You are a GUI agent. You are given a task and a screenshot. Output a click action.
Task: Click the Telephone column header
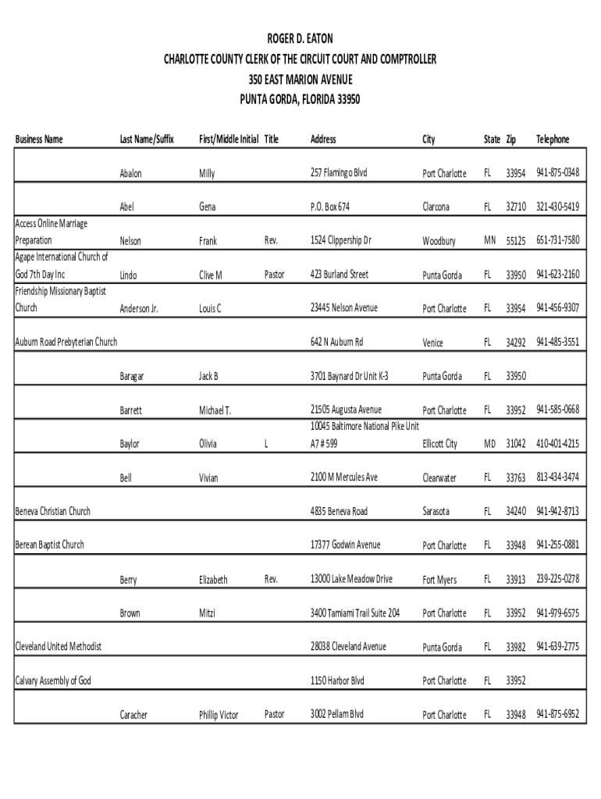[553, 140]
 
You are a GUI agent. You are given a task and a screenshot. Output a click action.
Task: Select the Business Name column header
[39, 140]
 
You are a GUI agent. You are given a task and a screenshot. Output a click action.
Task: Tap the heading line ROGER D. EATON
[300, 38]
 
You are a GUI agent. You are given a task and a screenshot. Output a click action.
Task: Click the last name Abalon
[130, 173]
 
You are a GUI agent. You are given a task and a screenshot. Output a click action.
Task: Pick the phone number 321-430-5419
[557, 207]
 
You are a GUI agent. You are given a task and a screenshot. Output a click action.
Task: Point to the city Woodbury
[439, 241]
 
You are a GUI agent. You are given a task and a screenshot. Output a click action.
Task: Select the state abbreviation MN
[489, 240]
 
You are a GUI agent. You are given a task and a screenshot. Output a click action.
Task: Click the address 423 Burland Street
[339, 275]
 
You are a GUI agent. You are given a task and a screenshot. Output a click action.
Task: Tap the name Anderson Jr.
[139, 309]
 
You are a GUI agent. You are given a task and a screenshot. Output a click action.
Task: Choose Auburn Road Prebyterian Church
[66, 343]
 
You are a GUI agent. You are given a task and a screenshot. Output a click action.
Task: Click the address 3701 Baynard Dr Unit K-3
[349, 376]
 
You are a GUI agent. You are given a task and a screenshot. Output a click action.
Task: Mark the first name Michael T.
[215, 410]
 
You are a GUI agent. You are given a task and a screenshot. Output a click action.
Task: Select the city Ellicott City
[440, 444]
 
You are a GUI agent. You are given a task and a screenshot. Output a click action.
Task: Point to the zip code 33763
[516, 478]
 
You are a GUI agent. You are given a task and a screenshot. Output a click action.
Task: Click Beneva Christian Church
[53, 512]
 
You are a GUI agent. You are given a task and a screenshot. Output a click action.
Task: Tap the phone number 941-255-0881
[557, 545]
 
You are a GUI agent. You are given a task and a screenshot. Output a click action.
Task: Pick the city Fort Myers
[440, 580]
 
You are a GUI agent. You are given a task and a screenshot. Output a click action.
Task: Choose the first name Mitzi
[207, 613]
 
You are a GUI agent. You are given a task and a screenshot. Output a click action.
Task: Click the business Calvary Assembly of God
[53, 681]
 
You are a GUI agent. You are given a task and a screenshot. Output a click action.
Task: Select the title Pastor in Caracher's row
[274, 714]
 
